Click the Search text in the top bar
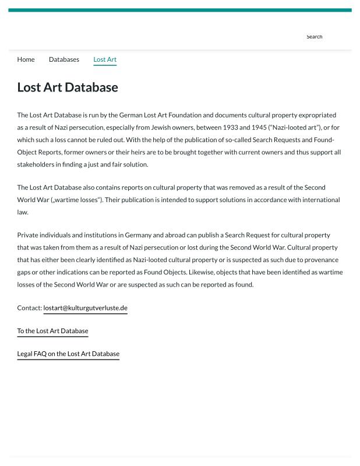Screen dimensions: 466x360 314,37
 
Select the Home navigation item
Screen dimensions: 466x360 26,59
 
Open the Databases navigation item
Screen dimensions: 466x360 64,59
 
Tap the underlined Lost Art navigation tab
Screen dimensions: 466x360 105,59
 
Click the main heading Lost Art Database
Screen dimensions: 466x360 68,87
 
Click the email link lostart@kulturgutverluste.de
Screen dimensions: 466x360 85,308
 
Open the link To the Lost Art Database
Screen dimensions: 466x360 52,331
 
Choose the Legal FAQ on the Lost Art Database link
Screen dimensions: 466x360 68,354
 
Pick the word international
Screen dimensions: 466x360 320,200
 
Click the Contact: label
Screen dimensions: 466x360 29,308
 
